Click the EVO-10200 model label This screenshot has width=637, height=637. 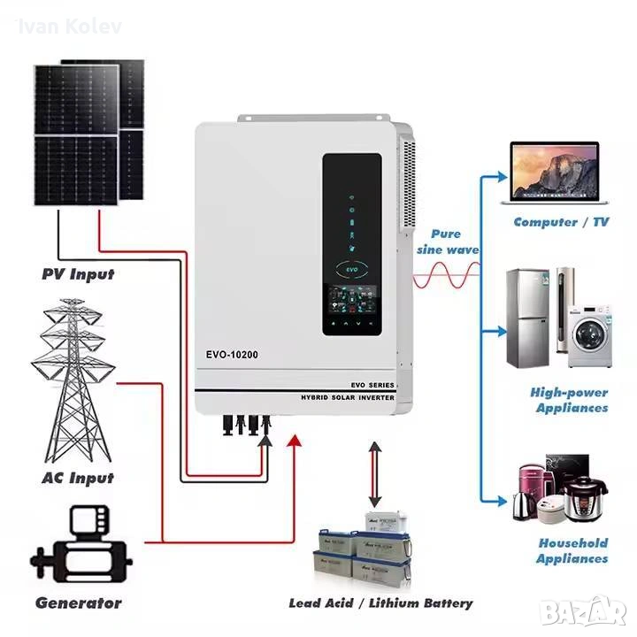tap(234, 355)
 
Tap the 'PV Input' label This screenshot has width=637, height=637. tap(78, 274)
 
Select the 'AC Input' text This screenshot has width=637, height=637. tap(78, 478)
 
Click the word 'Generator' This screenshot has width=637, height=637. tap(78, 603)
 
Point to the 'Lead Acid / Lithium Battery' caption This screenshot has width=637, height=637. tap(380, 603)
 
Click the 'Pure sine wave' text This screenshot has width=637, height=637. tap(446, 242)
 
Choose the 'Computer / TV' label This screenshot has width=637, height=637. tap(561, 222)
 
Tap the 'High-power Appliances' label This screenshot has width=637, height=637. tap(570, 400)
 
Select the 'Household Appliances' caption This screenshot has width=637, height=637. tap(572, 550)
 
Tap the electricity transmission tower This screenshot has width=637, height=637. tap(73, 381)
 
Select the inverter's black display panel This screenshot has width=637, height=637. tap(351, 244)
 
